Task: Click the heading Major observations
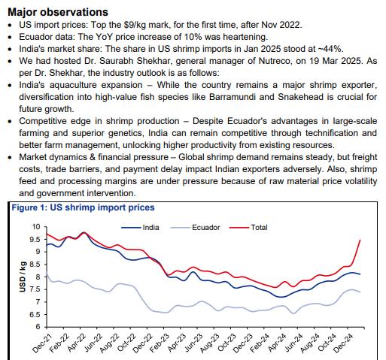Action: [58, 12]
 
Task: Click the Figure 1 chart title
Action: [83, 207]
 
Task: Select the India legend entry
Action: [140, 228]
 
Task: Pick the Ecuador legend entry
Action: [195, 228]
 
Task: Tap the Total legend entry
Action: [248, 228]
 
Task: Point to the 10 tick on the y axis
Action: [36, 227]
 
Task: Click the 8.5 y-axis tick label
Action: [35, 265]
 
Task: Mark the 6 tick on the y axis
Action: [38, 327]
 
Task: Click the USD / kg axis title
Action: [23, 277]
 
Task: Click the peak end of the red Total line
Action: [360, 240]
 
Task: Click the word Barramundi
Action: [233, 97]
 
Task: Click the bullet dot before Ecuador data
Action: [10, 38]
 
